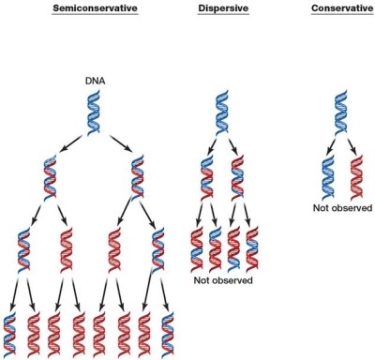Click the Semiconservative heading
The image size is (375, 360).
pos(95,7)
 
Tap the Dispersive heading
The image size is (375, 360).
pos(223,7)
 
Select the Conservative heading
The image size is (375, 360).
pos(342,7)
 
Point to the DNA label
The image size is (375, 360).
pos(95,82)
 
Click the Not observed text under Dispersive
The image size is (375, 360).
pos(223,280)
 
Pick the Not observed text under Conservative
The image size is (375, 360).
pos(342,208)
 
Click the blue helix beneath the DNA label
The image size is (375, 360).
pos(94,112)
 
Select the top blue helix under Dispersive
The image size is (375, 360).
pos(222,112)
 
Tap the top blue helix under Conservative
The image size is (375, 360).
pos(341,112)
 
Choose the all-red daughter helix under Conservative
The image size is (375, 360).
pos(357,177)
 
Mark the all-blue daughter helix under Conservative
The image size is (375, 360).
pos(328,177)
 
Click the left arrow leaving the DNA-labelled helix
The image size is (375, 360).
pos(70,143)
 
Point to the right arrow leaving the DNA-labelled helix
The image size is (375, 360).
pos(121,143)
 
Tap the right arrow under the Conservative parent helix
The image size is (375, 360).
pos(351,145)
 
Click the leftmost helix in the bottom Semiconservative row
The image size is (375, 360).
pos(9,334)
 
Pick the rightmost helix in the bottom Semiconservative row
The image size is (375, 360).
pos(168,334)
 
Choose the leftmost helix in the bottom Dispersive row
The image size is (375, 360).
pos(197,249)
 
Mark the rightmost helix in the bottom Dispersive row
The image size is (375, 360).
pos(252,249)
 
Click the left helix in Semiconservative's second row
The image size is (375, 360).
pos(50,177)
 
